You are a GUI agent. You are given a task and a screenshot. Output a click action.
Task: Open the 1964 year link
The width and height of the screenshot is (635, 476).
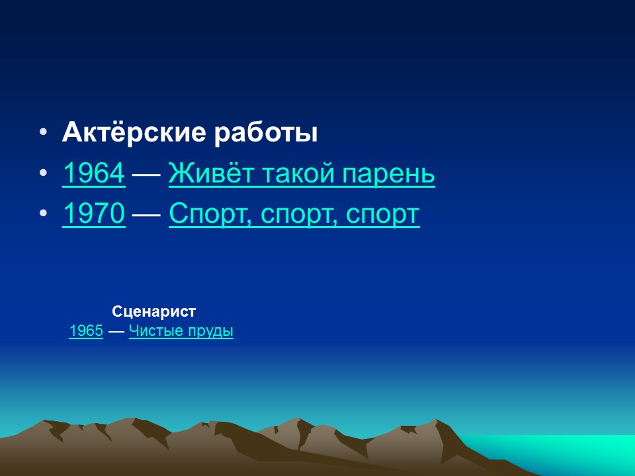(93, 174)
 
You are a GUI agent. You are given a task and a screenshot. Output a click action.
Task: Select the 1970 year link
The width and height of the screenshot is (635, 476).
(93, 214)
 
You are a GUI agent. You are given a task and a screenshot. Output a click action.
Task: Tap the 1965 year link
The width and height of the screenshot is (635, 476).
(85, 331)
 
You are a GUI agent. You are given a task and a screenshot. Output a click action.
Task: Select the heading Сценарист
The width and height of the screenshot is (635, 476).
(154, 311)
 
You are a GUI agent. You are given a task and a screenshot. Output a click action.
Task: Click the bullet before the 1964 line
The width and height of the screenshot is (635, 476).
(43, 174)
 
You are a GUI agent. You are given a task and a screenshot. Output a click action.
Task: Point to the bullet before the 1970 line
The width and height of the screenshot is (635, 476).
(43, 214)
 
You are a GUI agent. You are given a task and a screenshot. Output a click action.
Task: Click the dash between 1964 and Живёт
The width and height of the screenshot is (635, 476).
(147, 175)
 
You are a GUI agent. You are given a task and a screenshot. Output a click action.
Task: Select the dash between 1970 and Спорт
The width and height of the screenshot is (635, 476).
(147, 215)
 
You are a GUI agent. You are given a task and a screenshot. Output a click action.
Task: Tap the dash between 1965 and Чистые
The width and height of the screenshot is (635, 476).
(116, 332)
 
